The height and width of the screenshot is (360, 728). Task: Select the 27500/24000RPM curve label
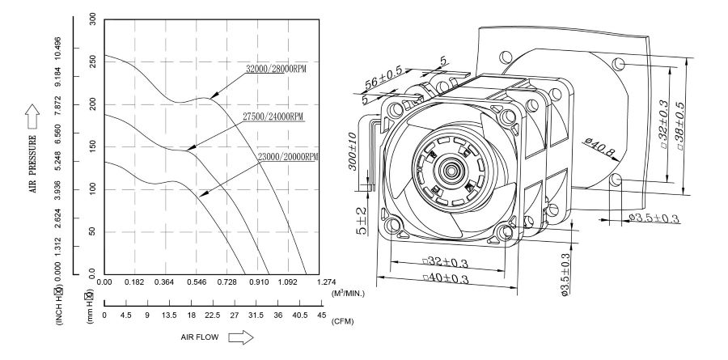point(273,116)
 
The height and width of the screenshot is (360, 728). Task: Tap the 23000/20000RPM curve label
point(288,156)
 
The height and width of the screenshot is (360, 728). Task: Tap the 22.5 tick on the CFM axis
point(212,316)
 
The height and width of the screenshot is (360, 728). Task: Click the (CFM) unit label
point(344,321)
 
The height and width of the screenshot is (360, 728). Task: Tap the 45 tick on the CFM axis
point(321,316)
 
